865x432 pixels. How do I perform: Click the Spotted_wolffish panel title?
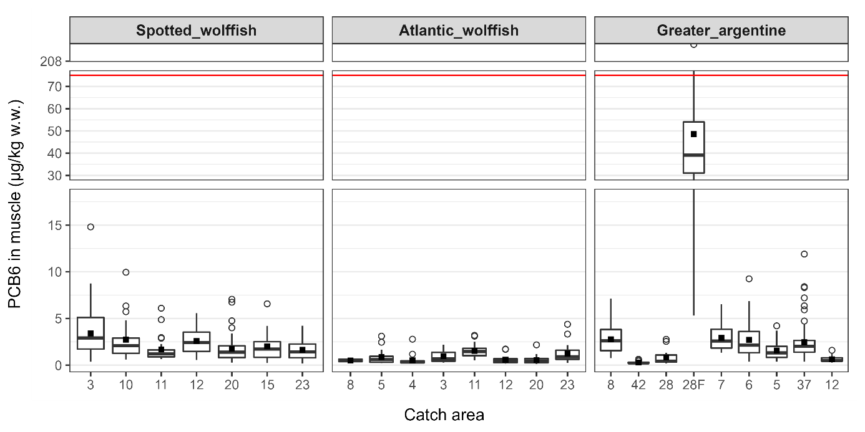tap(196, 31)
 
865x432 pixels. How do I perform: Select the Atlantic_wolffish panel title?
tap(459, 31)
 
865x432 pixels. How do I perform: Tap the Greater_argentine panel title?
tap(721, 31)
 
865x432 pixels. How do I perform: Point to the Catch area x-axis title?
tap(444, 415)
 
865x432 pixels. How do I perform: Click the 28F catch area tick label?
tap(693, 384)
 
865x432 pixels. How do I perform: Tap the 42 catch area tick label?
tap(638, 384)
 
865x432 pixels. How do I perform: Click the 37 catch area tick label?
tap(804, 384)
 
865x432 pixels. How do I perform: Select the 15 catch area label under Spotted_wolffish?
tap(267, 384)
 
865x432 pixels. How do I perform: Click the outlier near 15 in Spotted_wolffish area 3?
tap(90, 227)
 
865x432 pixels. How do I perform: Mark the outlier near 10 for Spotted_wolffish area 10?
tap(125, 272)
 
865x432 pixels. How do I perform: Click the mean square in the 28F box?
tap(693, 134)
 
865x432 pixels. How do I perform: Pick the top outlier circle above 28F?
tap(693, 45)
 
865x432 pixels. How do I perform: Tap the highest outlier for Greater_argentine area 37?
tap(804, 254)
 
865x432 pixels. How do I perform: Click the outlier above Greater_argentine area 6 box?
tap(749, 279)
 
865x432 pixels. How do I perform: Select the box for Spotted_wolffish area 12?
tap(196, 342)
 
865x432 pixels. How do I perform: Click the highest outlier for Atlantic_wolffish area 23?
tap(567, 324)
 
